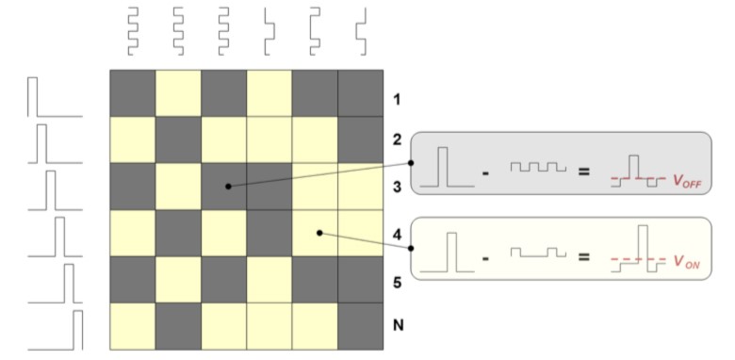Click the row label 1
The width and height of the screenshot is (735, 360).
coord(397,100)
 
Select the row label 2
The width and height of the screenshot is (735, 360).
coord(398,139)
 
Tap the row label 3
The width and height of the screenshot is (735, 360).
coord(398,187)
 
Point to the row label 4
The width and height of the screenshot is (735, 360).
coord(398,234)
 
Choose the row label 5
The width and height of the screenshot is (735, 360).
coord(398,283)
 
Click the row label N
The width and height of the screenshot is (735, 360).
coord(398,325)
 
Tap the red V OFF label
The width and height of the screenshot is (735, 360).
coord(687,181)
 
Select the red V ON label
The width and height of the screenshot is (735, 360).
coord(687,262)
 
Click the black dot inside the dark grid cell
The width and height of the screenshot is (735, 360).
coord(228,186)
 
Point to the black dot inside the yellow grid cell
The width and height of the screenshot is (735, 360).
coord(319,233)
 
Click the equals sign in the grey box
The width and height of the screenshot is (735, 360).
coord(583,172)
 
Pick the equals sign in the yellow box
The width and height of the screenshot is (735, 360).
coord(583,257)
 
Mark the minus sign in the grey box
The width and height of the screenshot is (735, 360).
coord(485,173)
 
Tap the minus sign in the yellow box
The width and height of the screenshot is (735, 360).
coord(485,258)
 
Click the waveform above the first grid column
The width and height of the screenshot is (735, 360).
coord(133,31)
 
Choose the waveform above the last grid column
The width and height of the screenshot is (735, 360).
coord(361,31)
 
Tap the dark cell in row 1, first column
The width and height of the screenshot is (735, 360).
coord(133,93)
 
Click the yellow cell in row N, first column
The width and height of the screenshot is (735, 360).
coord(133,326)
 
